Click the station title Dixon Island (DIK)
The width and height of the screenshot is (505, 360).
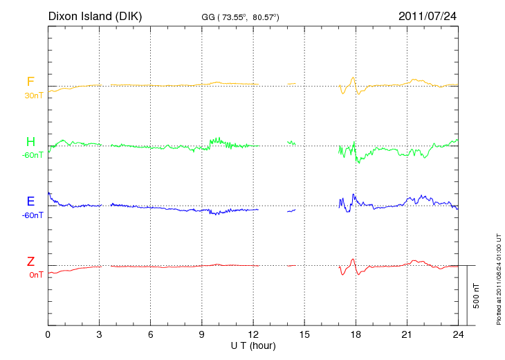coord(95,15)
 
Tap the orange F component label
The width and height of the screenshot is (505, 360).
coord(30,82)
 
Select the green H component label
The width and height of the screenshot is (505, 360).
coord(30,142)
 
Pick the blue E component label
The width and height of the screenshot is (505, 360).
coord(30,201)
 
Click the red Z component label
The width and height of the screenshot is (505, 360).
coord(30,262)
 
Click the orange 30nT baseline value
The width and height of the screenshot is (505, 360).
coord(33,96)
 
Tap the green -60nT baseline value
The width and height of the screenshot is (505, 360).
coord(32,155)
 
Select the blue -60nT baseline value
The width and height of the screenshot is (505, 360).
coord(32,215)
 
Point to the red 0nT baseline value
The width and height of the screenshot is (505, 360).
coord(35,275)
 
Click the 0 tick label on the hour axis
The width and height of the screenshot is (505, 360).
coord(48,335)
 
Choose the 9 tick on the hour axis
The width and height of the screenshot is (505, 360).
coord(202,335)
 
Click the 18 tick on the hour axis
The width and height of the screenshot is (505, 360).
coord(356,335)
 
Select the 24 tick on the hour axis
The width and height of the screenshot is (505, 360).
coord(458,335)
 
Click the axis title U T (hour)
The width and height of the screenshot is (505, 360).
coord(253,345)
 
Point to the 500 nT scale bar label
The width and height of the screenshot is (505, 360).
coord(477,296)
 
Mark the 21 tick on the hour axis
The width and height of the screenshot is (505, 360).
coord(407,335)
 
